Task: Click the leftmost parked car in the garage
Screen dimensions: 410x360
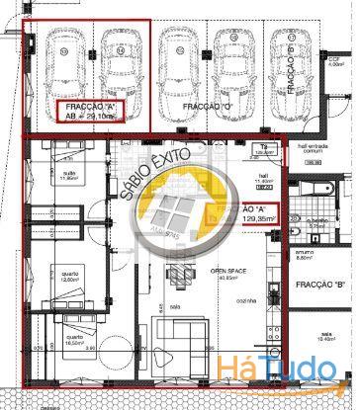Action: click(64, 60)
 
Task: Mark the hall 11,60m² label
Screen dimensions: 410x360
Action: click(236, 181)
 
